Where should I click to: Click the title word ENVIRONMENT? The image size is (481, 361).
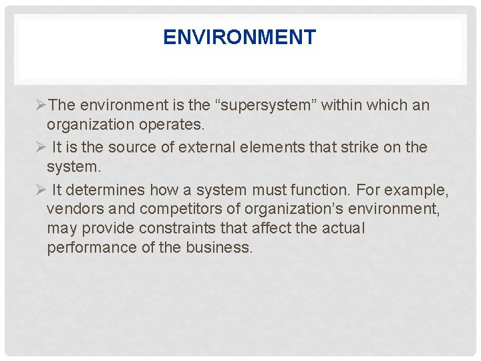[239, 37]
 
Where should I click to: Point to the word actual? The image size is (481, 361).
[343, 229]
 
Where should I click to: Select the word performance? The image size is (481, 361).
[89, 248]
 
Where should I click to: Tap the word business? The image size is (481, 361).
[220, 248]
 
